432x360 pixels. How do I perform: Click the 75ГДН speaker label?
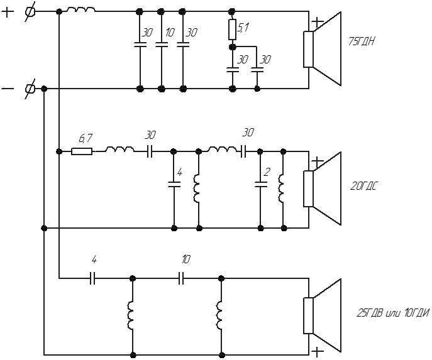[361, 42]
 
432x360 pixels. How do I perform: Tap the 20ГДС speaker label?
[363, 187]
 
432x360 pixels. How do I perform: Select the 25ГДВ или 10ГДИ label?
[393, 313]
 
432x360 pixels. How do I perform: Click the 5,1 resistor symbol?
[232, 30]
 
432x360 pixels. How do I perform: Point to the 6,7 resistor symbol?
[82, 151]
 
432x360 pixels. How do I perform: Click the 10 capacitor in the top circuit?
[162, 45]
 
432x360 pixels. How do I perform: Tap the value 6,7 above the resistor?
[85, 138]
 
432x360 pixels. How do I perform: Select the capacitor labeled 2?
[260, 184]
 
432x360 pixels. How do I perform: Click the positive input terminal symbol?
[30, 11]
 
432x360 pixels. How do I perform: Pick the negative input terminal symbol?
[30, 89]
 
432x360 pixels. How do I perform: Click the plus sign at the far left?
[8, 13]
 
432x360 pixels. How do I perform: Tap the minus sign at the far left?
[8, 89]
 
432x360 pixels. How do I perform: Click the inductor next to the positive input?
[81, 10]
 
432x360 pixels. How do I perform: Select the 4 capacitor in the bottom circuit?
[92, 278]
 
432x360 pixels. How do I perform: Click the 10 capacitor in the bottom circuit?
[181, 278]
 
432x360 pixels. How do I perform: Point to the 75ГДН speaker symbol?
[323, 49]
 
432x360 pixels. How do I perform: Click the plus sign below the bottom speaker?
[318, 352]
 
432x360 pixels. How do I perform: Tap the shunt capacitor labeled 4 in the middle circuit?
[174, 184]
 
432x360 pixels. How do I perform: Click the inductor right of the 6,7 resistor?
[120, 150]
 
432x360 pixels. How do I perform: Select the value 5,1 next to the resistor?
[243, 28]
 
